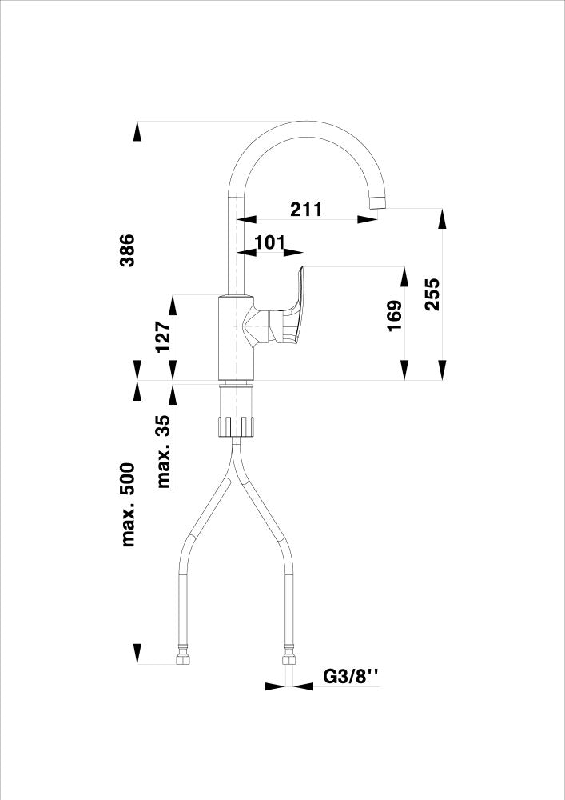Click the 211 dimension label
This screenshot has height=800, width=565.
click(306, 210)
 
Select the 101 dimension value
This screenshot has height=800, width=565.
click(269, 242)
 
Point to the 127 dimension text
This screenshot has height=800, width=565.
click(162, 337)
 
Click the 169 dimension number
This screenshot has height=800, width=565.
click(394, 318)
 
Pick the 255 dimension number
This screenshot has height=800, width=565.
click(432, 295)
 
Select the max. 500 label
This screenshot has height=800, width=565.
click(128, 505)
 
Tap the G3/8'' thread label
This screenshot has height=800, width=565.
click(349, 677)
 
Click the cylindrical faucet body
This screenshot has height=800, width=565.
click(237, 336)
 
